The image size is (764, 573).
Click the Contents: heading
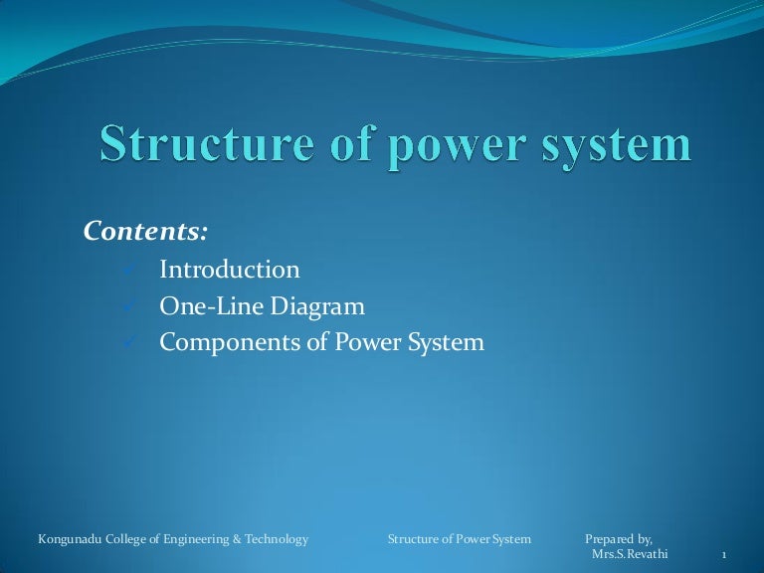[146, 232]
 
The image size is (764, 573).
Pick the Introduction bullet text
[229, 270]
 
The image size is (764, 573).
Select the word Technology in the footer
[276, 539]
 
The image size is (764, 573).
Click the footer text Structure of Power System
[459, 539]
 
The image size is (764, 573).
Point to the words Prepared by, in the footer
[618, 539]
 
